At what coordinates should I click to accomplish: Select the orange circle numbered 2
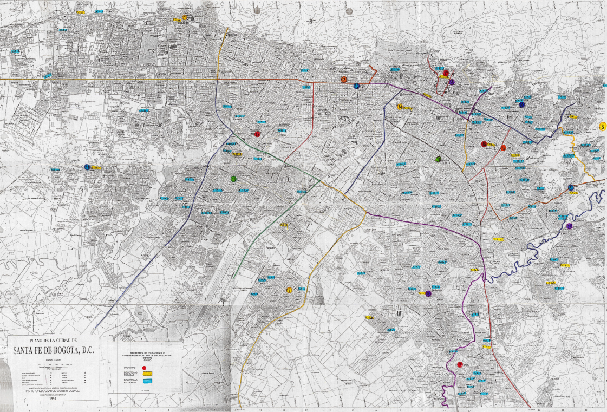click(344, 80)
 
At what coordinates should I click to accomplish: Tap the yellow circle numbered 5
click(603, 127)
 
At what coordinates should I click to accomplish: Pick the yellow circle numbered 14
click(400, 107)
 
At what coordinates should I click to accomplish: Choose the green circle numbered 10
click(233, 179)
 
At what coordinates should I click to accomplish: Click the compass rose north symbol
click(312, 21)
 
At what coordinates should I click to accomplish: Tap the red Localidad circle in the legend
click(144, 368)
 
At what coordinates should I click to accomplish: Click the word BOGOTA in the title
click(63, 349)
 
